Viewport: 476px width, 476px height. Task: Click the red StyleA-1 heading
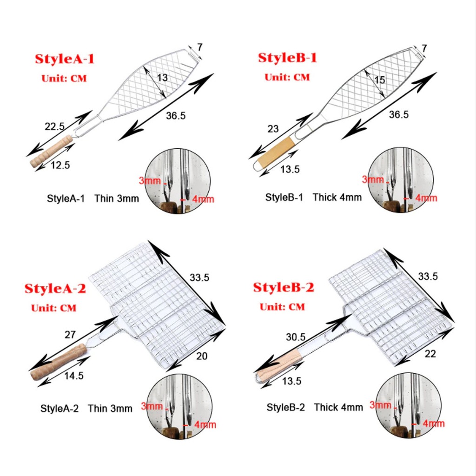(65, 59)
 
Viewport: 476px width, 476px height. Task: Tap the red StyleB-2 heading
(284, 287)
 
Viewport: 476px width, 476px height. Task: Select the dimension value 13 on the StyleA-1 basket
(162, 78)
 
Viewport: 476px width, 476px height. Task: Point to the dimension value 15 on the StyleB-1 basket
(380, 80)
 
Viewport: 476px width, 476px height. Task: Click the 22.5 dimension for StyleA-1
(55, 126)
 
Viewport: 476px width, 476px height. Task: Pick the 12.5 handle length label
(60, 165)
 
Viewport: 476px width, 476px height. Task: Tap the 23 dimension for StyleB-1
(273, 129)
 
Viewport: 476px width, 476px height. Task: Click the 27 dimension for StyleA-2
(70, 335)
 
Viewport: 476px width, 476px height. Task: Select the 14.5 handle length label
(74, 376)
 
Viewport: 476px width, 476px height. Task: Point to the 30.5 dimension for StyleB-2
(296, 337)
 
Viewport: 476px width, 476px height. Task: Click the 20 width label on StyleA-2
(202, 356)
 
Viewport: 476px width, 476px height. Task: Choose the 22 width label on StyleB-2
(430, 354)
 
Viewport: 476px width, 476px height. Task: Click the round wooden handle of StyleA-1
(51, 151)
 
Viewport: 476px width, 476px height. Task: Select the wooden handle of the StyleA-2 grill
(59, 362)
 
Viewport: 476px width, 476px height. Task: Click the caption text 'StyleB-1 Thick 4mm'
(314, 197)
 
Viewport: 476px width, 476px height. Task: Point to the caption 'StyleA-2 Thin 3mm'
(86, 408)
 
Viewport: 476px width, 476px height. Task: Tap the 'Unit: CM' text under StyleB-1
(287, 77)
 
